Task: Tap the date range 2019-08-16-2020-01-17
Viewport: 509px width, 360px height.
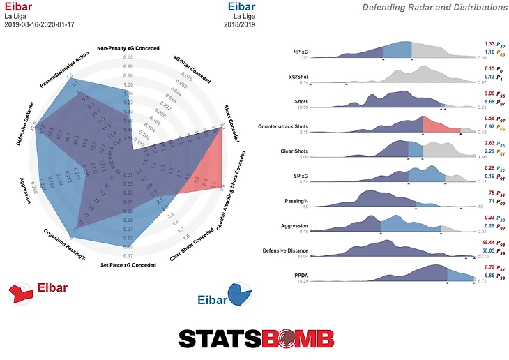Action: click(x=43, y=25)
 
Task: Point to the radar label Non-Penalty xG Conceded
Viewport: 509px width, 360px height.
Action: click(x=128, y=48)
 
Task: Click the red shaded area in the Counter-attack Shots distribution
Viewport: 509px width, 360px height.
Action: click(x=439, y=126)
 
